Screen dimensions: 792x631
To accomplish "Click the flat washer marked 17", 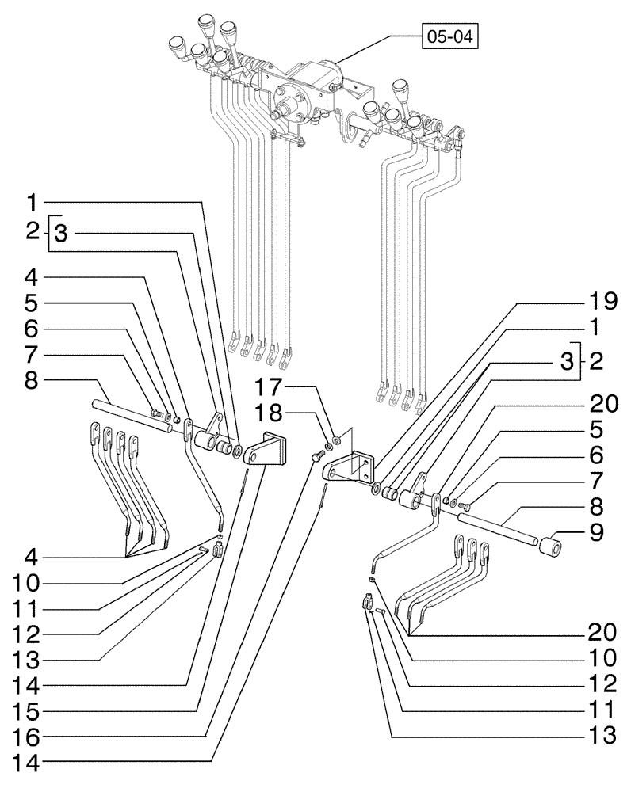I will tap(337, 436).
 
